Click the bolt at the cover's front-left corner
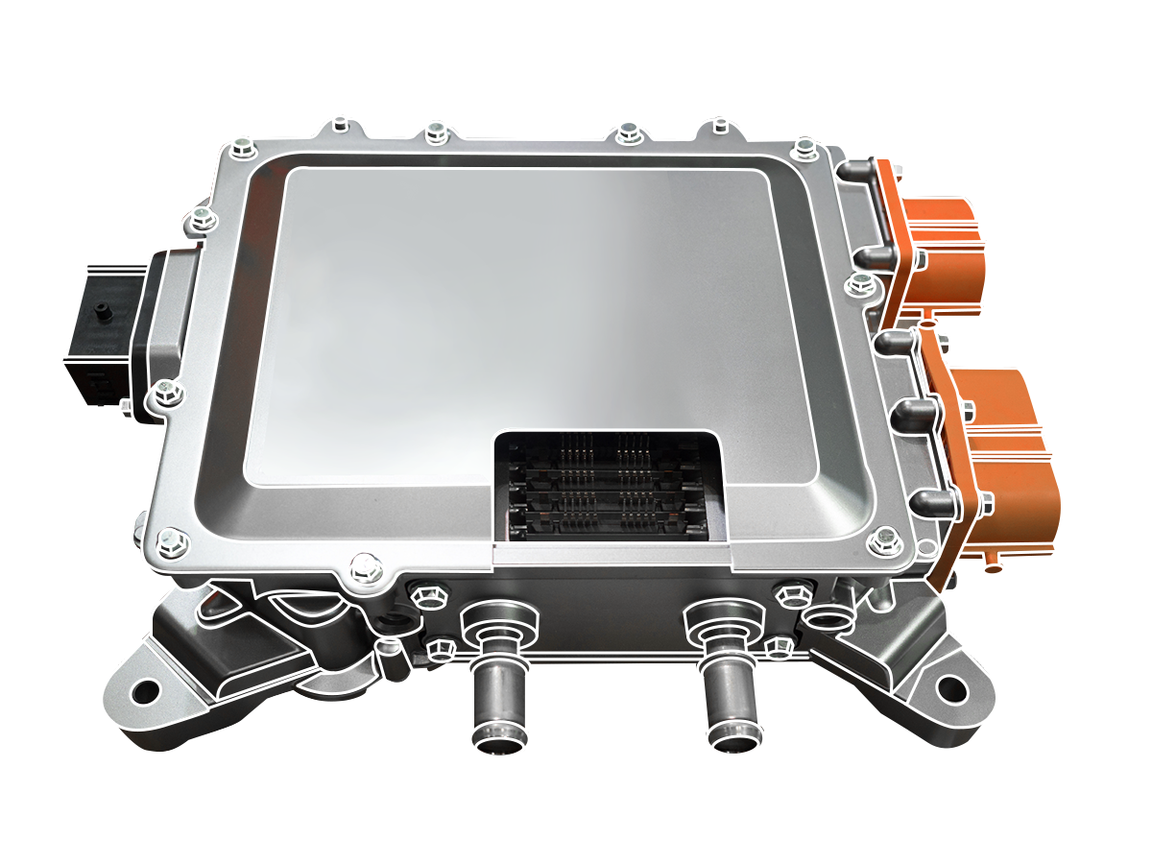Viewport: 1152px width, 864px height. pyautogui.click(x=169, y=540)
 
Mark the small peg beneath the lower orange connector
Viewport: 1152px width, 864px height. pyautogui.click(x=994, y=567)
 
